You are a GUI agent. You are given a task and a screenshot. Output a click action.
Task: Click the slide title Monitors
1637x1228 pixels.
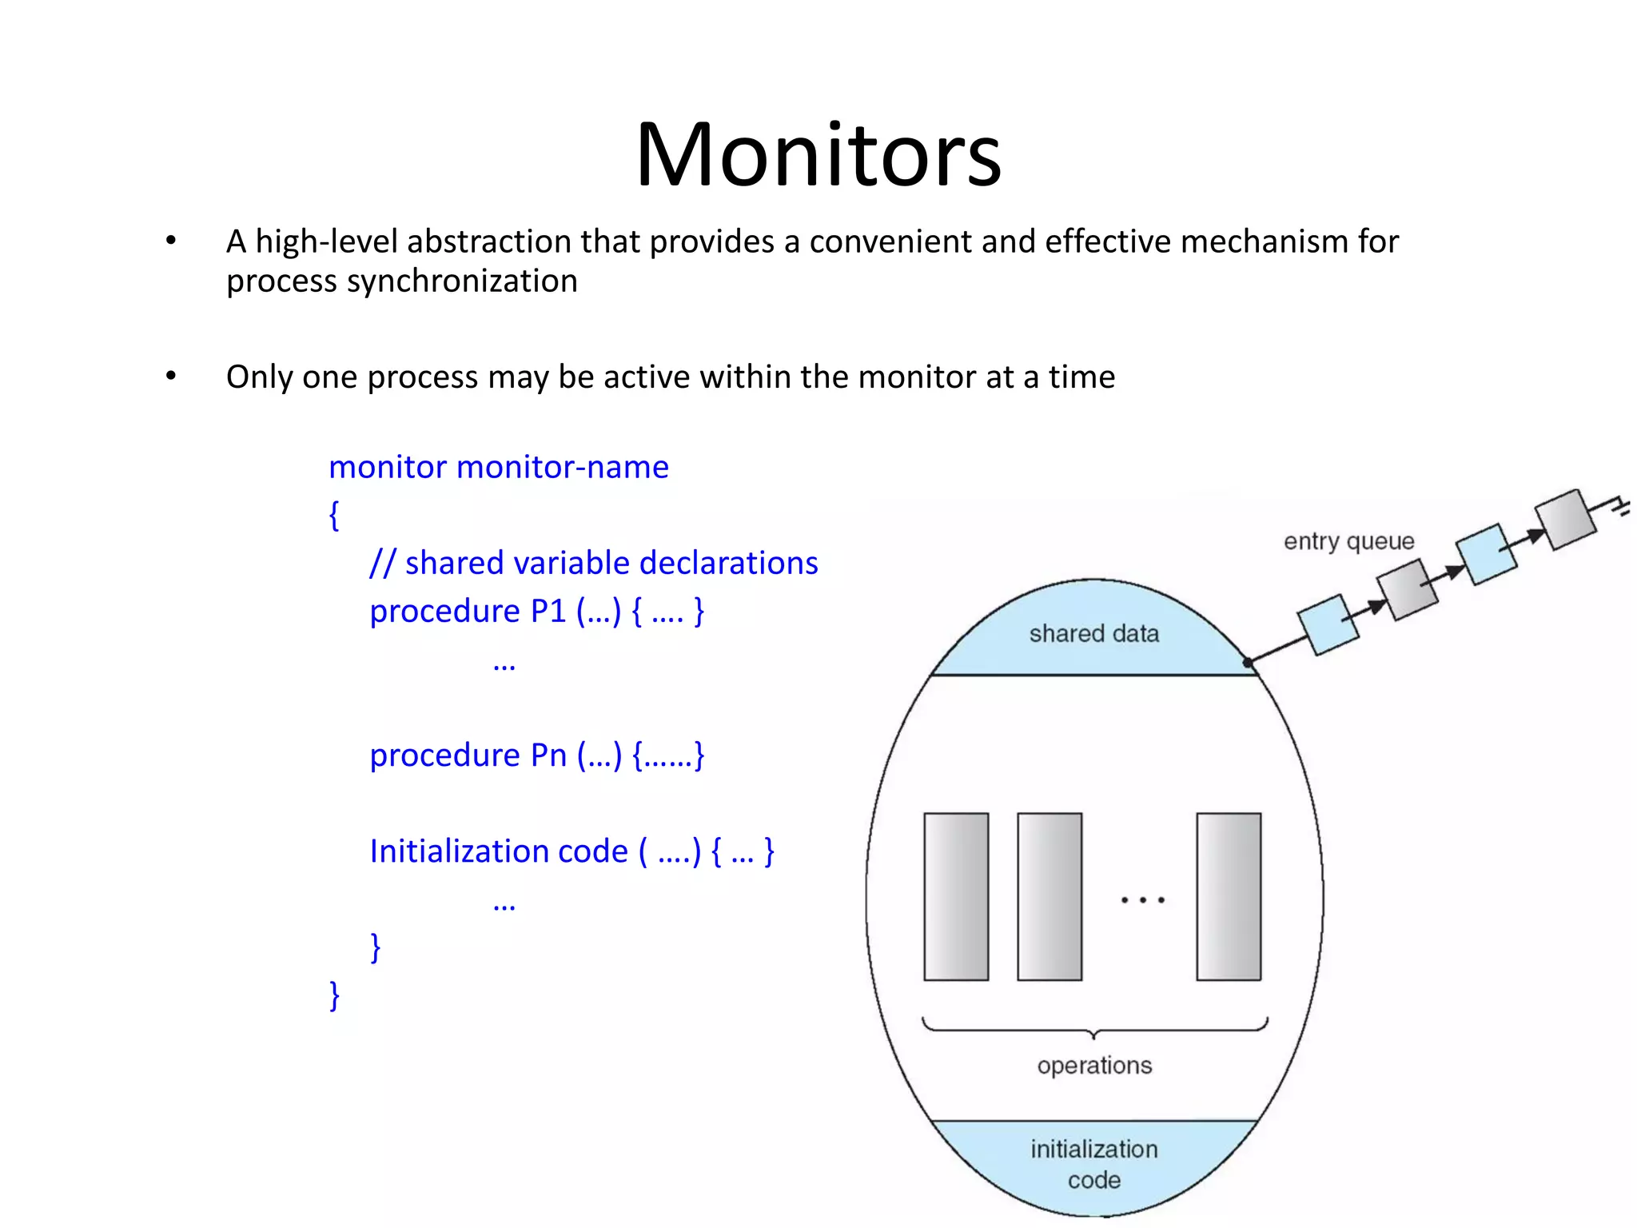[x=818, y=154]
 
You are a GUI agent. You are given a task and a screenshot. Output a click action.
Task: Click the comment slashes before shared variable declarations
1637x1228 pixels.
[x=382, y=563]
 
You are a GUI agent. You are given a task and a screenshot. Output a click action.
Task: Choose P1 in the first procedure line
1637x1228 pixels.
[x=548, y=611]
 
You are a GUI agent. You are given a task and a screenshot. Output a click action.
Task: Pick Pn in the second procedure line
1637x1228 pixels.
[x=548, y=755]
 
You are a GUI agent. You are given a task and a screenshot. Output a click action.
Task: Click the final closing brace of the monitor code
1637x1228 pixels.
[x=335, y=995]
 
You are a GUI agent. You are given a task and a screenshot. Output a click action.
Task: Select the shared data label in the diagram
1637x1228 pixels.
[x=1093, y=634]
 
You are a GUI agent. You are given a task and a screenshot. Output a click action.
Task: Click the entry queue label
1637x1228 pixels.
[x=1348, y=541]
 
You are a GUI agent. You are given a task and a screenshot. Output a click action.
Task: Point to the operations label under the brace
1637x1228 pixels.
[x=1094, y=1065]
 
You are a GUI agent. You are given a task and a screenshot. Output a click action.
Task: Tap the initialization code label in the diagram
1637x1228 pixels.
[x=1093, y=1164]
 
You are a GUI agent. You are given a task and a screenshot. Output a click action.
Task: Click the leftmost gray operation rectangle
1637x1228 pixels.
[x=956, y=896]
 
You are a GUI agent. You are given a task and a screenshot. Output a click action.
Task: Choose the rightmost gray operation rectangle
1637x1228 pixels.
[x=1229, y=896]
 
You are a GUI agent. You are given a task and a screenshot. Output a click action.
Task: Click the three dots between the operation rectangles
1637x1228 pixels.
[x=1142, y=900]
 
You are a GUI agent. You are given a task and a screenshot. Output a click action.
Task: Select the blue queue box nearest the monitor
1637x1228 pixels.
[x=1328, y=625]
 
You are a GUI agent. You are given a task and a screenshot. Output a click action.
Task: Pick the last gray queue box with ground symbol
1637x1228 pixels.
[x=1566, y=520]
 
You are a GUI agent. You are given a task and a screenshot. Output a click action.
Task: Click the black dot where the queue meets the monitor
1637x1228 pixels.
[x=1248, y=663]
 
